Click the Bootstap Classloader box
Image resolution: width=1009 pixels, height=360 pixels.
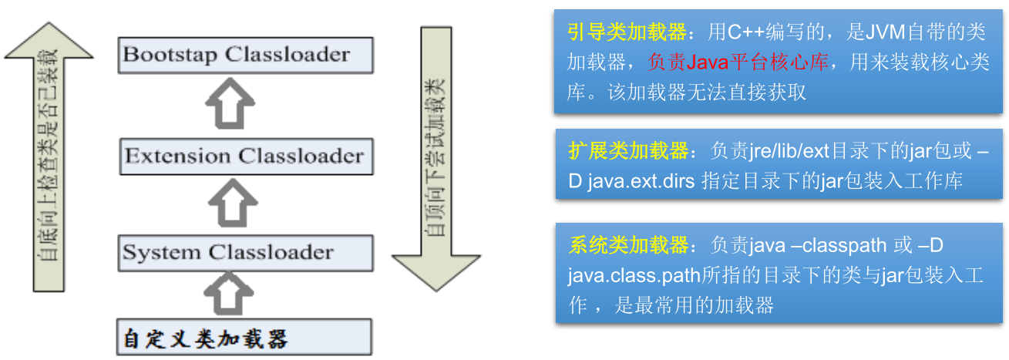coord(245,55)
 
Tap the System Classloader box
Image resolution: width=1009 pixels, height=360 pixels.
coord(245,252)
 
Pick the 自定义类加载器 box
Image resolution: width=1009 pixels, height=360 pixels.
coord(245,338)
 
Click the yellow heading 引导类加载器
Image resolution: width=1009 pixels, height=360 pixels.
coord(626,33)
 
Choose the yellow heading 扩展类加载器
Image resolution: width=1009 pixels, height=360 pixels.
coord(626,151)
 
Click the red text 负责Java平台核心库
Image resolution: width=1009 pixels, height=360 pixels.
coord(738,63)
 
